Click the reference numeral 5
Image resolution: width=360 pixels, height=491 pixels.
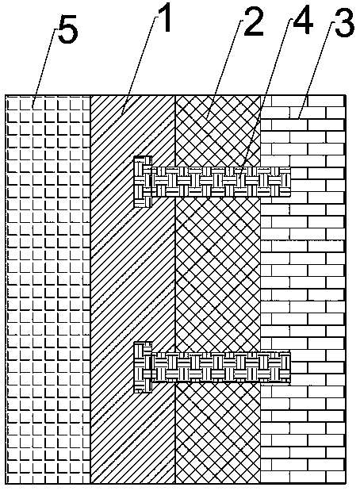click(x=67, y=33)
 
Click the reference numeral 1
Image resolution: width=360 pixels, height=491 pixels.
click(x=165, y=18)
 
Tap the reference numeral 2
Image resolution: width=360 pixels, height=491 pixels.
click(x=254, y=22)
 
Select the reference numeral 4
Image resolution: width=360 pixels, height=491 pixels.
click(x=303, y=21)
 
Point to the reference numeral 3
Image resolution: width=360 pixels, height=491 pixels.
click(x=345, y=22)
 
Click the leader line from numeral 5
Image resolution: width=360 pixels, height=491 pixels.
click(x=44, y=68)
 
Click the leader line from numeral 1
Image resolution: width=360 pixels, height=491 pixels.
click(x=140, y=64)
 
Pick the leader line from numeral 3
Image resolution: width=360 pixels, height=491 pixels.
click(x=314, y=71)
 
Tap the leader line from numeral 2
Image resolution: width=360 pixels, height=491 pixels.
click(x=224, y=70)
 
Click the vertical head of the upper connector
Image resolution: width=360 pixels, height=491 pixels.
click(x=143, y=182)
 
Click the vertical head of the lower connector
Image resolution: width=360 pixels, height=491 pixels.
click(x=143, y=367)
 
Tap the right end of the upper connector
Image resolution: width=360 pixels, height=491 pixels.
click(x=290, y=182)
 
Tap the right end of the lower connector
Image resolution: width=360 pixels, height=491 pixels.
click(x=290, y=367)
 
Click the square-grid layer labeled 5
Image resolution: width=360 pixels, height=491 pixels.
click(x=48, y=290)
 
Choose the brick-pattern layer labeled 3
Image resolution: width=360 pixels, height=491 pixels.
click(x=303, y=290)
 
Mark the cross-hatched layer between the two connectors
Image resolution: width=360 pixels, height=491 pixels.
click(x=218, y=274)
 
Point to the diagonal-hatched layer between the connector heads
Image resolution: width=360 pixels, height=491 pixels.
click(x=132, y=274)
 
